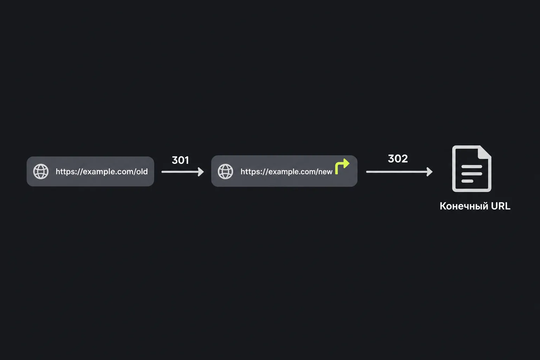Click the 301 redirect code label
pos(180,160)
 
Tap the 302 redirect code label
pos(398,159)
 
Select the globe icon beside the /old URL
pos(41,172)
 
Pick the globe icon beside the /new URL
pos(225,172)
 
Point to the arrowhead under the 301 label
pos(201,172)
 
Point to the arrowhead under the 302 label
pos(430,172)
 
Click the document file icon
pos(471,168)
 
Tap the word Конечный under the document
pos(462,206)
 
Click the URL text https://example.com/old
pos(102,172)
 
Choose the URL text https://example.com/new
pos(287,172)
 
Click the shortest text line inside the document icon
pos(467,181)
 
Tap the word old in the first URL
pos(142,172)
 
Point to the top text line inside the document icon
pos(471,167)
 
